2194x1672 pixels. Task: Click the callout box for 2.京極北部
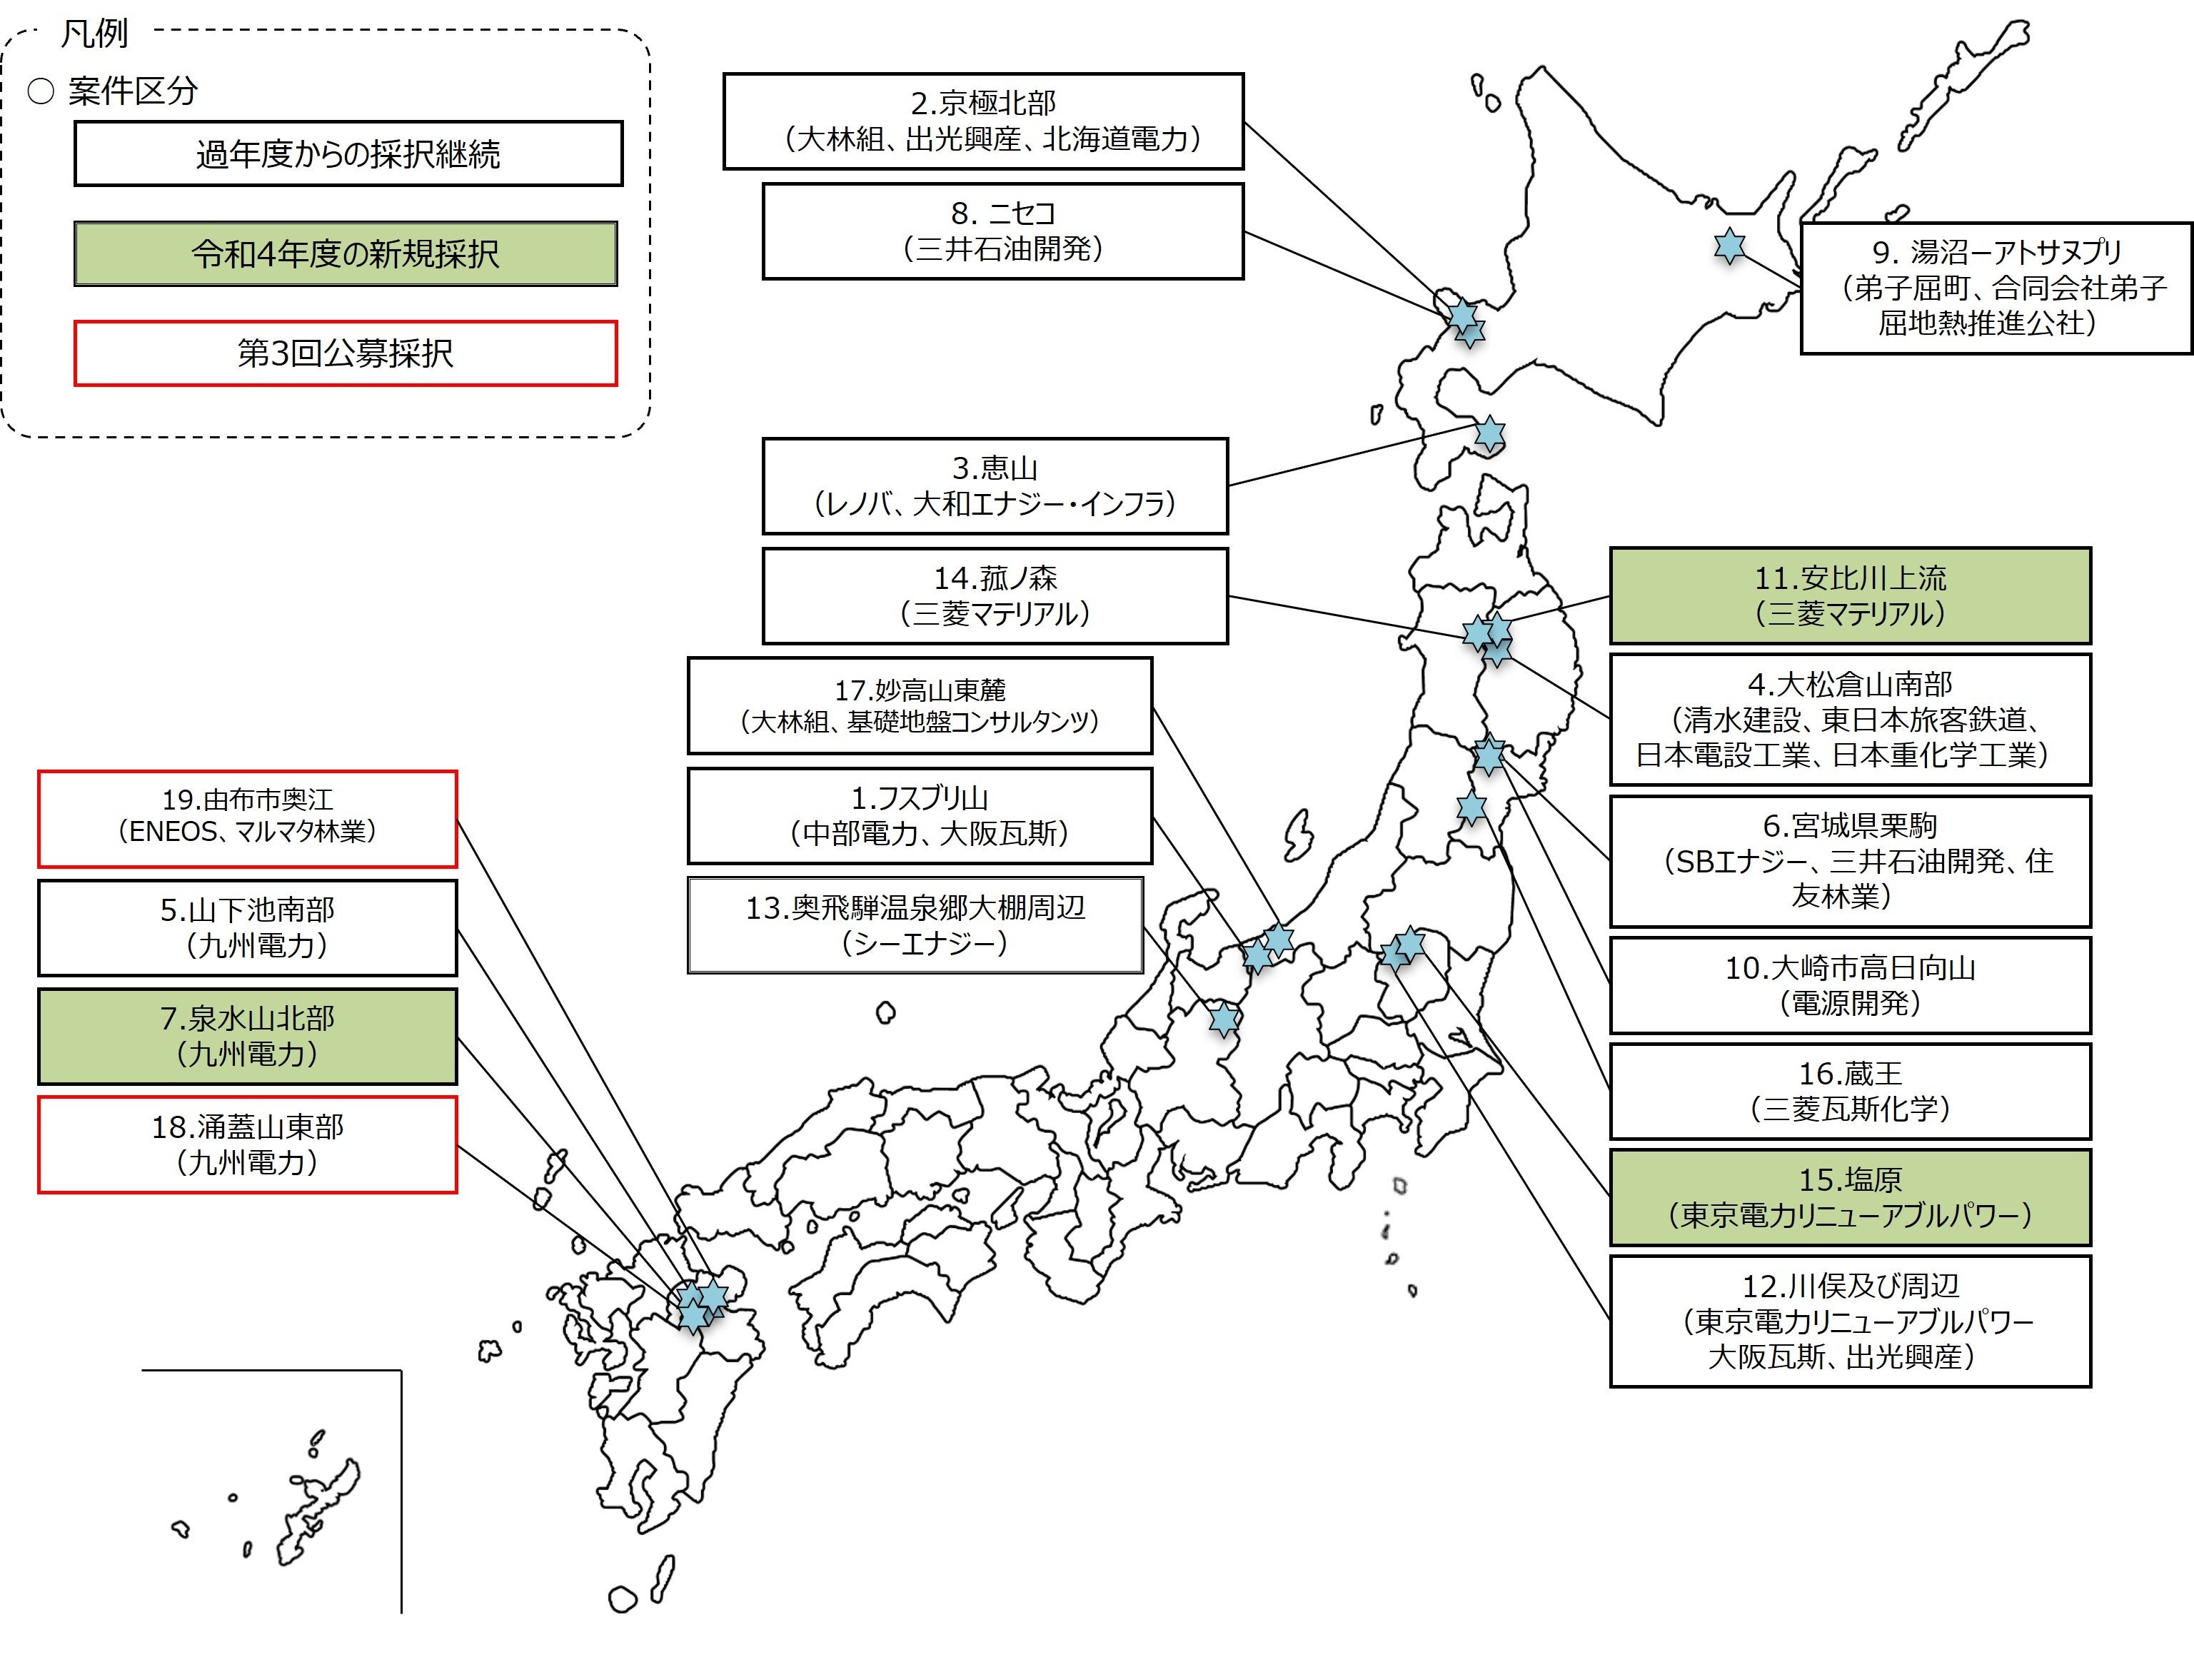[x=983, y=121]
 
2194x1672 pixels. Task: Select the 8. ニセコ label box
[x=1003, y=231]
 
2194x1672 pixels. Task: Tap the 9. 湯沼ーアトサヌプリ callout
[x=1996, y=288]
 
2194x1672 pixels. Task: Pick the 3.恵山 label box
[x=995, y=485]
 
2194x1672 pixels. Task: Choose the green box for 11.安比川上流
[x=1850, y=595]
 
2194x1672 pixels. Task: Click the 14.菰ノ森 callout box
[x=995, y=595]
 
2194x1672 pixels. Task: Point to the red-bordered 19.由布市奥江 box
[x=248, y=818]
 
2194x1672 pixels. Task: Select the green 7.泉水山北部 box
[x=248, y=1036]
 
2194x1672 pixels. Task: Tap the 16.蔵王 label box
[x=1850, y=1091]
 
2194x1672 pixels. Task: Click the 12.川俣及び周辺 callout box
[x=1850, y=1321]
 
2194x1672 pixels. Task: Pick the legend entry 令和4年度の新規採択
[x=346, y=253]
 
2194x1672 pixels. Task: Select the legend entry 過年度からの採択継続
[x=348, y=153]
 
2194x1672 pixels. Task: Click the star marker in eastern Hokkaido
[x=1729, y=246]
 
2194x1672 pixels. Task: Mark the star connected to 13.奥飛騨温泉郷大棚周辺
[x=1223, y=1019]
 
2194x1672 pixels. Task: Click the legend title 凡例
[x=94, y=34]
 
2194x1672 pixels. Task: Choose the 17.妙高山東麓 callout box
[x=920, y=705]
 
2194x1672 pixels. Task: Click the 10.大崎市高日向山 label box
[x=1850, y=984]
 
